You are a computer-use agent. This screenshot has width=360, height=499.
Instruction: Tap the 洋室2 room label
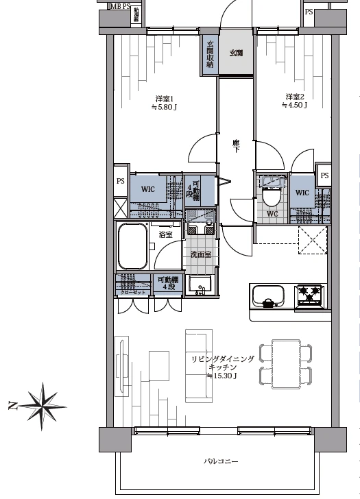pos(294,96)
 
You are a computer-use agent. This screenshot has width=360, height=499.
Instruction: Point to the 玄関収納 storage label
pos(210,54)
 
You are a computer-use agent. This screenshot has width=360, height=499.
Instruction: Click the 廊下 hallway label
pos(236,145)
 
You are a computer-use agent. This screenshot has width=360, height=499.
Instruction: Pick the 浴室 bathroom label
pos(166,234)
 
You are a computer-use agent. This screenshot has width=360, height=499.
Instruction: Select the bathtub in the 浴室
pos(134,247)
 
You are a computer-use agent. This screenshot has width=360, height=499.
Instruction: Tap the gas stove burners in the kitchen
pos(309,295)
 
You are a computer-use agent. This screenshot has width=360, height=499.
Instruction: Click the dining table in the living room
pos(285,361)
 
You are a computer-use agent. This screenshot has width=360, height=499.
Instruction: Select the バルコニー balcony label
pos(221,462)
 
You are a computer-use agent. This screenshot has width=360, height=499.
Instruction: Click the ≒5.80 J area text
pos(163,107)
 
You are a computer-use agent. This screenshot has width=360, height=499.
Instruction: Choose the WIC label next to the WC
pos(303,193)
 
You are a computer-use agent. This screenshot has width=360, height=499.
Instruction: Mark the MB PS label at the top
pos(121,6)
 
